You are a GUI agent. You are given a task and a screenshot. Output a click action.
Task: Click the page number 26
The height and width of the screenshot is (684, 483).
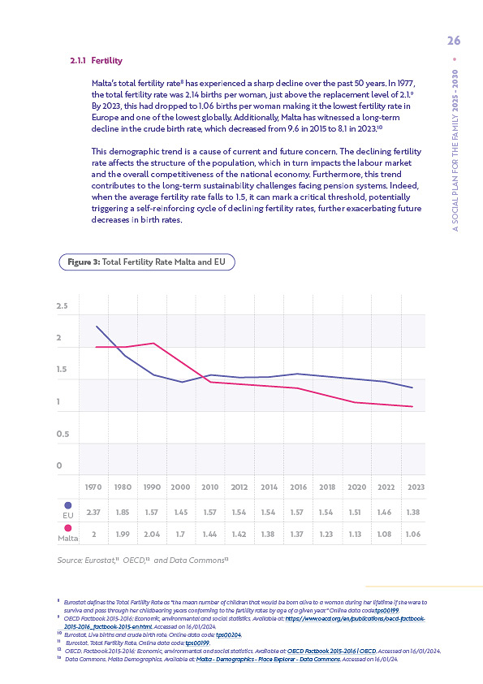(x=454, y=41)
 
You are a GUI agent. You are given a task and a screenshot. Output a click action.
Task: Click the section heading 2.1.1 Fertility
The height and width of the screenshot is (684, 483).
(x=96, y=61)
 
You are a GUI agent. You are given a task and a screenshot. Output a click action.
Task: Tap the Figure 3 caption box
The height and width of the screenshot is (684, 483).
(x=147, y=262)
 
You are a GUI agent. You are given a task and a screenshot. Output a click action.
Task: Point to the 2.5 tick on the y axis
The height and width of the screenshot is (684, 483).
(x=62, y=305)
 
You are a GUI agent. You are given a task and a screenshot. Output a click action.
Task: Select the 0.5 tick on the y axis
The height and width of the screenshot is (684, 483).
(x=63, y=434)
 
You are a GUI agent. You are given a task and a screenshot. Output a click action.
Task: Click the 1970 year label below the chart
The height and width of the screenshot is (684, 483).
(x=93, y=487)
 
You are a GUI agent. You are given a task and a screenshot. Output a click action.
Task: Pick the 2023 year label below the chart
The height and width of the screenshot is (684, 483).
(x=416, y=487)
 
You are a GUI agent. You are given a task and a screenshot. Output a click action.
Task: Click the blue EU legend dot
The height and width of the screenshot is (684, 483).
(x=68, y=505)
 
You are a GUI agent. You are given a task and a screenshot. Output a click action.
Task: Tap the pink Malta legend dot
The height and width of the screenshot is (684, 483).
(x=68, y=528)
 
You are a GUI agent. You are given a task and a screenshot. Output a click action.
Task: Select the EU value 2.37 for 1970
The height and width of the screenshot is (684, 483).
(x=93, y=512)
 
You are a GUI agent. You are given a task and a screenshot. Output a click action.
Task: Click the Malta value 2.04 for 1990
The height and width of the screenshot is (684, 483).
(x=152, y=534)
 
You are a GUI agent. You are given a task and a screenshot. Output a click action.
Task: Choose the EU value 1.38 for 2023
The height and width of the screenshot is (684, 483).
(x=413, y=512)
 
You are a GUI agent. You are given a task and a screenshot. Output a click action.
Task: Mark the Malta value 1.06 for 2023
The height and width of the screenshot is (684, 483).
(x=413, y=534)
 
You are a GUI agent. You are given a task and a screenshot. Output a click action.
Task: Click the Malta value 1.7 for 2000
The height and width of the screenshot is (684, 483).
(x=180, y=534)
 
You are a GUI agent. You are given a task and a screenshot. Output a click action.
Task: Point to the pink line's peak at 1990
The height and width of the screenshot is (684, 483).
(x=153, y=344)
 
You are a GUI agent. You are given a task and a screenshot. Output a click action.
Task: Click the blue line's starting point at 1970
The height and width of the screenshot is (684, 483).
(x=97, y=327)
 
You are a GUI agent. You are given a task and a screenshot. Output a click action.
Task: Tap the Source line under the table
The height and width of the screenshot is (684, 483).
(x=143, y=560)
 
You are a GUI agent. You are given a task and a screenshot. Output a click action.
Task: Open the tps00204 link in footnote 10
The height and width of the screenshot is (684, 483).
(x=229, y=635)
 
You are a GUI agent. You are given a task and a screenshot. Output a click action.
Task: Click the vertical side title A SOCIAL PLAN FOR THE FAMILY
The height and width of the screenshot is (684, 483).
(x=455, y=150)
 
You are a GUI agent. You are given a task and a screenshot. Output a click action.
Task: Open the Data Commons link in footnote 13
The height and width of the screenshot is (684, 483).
(x=268, y=659)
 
